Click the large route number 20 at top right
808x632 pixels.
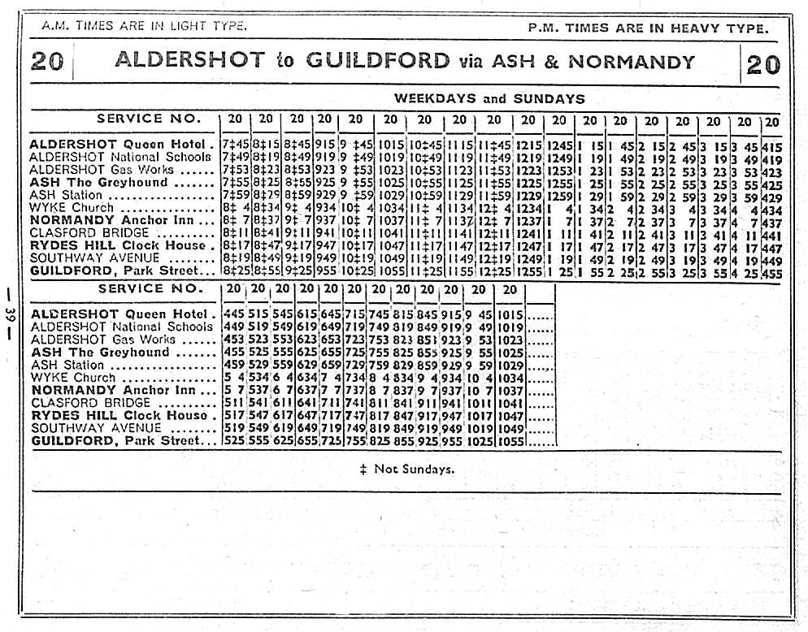pyautogui.click(x=762, y=63)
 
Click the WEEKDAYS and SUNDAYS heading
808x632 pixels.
pyautogui.click(x=489, y=99)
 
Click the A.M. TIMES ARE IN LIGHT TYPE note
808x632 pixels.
pyautogui.click(x=145, y=26)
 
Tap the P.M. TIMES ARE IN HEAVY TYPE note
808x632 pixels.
pyautogui.click(x=647, y=28)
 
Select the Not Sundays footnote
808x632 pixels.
pyautogui.click(x=406, y=469)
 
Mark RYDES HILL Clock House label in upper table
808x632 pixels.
pyautogui.click(x=118, y=245)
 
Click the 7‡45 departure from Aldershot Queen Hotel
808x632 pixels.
pyautogui.click(x=235, y=145)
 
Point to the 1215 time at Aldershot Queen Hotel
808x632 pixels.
pyautogui.click(x=528, y=145)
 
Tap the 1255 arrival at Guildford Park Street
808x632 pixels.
pyautogui.click(x=528, y=271)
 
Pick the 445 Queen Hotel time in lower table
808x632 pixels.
pyautogui.click(x=232, y=314)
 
